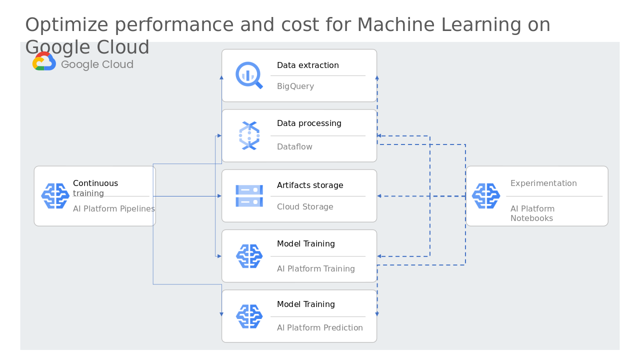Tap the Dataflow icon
[x=249, y=135]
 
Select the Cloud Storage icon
[x=249, y=196]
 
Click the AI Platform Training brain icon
[x=249, y=256]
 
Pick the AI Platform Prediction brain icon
[x=249, y=316]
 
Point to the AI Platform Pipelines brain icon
[x=55, y=196]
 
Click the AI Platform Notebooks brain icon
[x=485, y=196]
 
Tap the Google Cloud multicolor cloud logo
[x=44, y=61]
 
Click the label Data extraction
[x=307, y=65]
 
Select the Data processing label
[x=309, y=123]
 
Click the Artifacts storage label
[x=310, y=185]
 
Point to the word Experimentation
[x=543, y=183]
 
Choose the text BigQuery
[x=295, y=86]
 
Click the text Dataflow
[x=294, y=146]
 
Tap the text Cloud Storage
[x=305, y=206]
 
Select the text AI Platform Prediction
[x=319, y=327]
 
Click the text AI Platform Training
[x=315, y=268]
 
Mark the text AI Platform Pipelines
[x=113, y=208]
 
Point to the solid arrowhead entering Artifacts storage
[x=219, y=196]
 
